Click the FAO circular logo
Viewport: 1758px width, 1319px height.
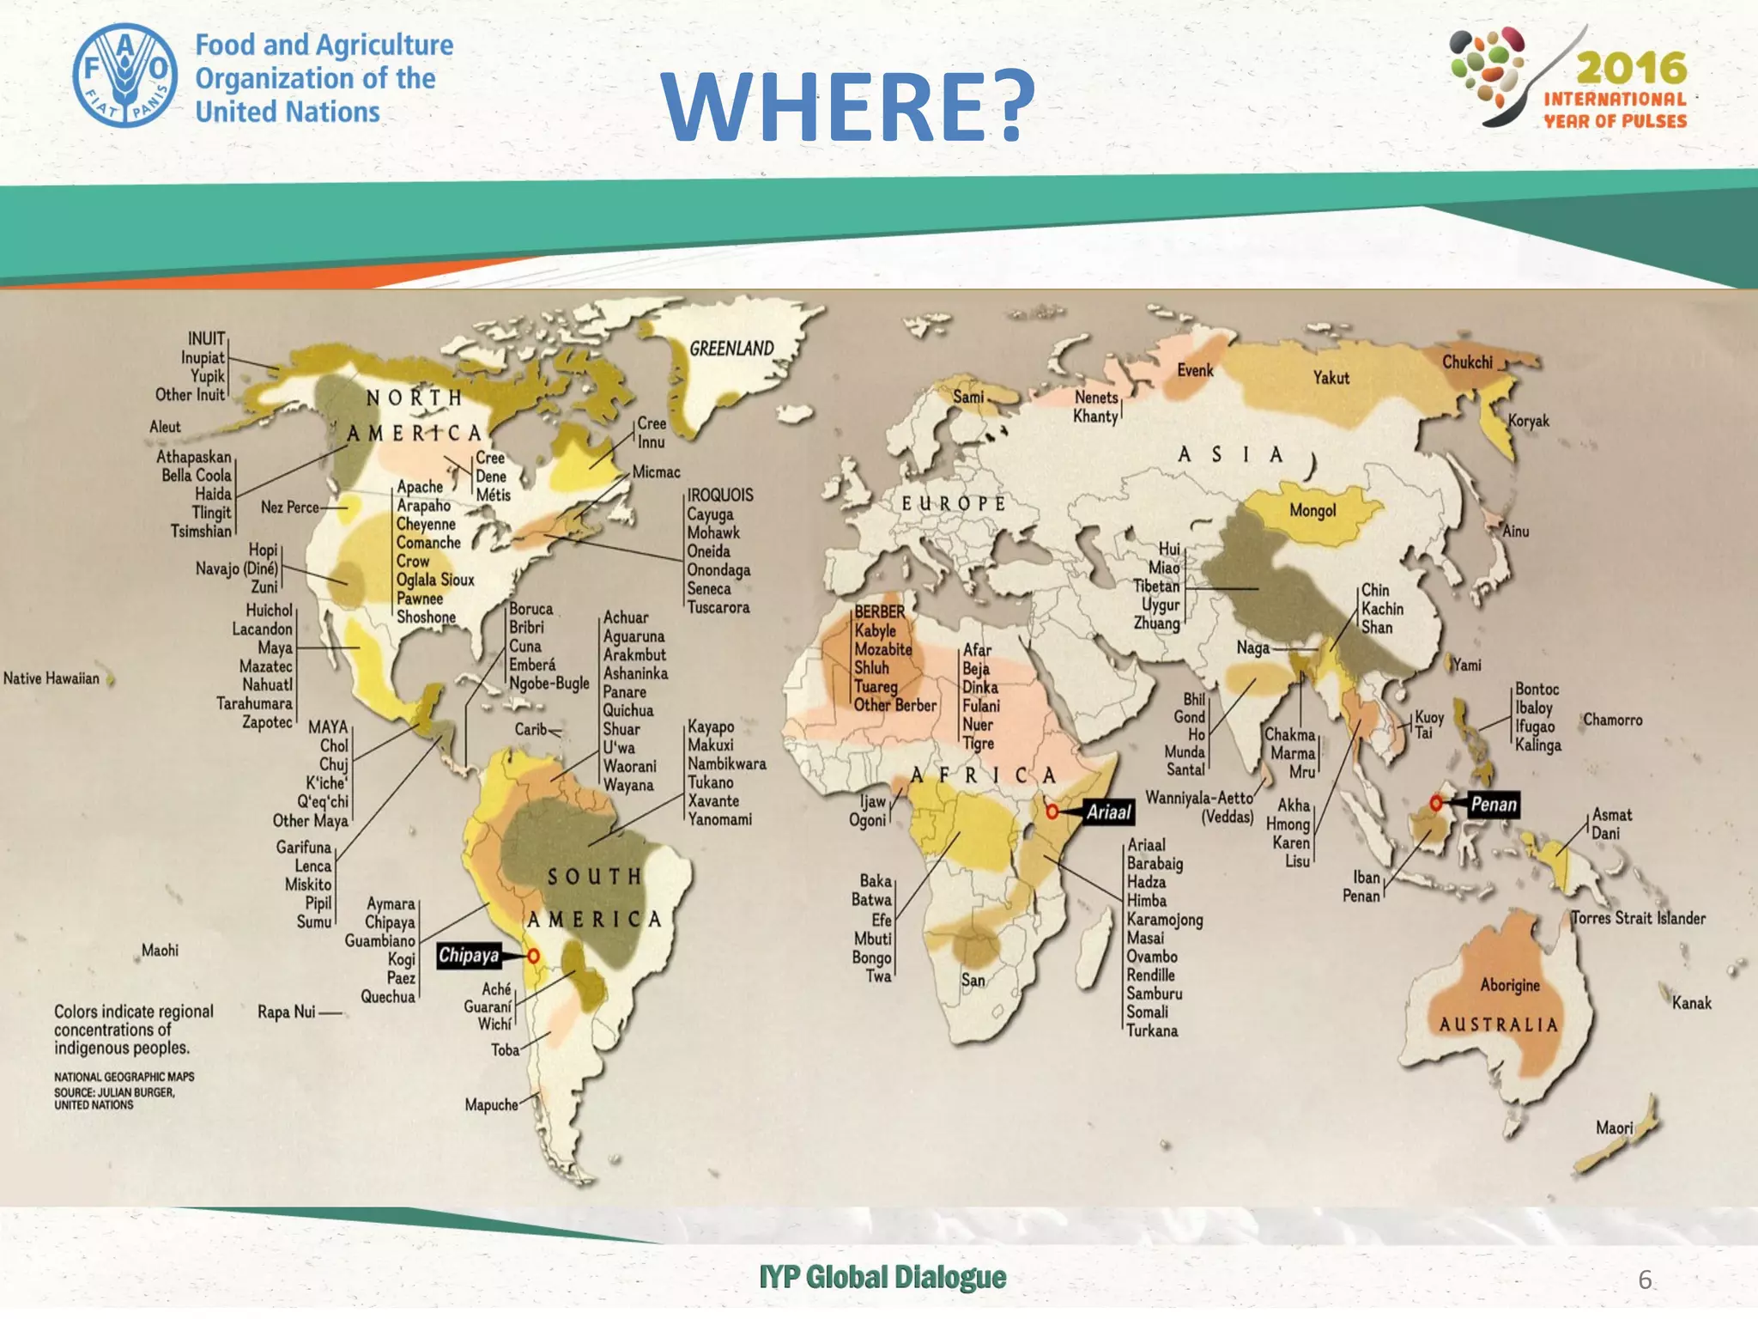(x=125, y=76)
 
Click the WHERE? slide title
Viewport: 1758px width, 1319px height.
(x=848, y=106)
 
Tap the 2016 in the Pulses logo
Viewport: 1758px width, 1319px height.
(x=1631, y=68)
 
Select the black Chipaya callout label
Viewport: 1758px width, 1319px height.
(x=469, y=956)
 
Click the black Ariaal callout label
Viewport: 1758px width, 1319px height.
(x=1109, y=811)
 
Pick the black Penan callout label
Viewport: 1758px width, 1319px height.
(x=1494, y=804)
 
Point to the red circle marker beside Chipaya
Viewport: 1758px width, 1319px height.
(x=533, y=956)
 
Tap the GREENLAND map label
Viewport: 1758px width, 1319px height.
(x=731, y=349)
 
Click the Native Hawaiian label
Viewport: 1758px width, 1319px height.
(x=52, y=678)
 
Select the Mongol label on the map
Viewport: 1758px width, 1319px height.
(x=1312, y=511)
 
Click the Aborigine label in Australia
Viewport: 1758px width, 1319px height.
(x=1510, y=985)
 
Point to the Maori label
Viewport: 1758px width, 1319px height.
(x=1614, y=1128)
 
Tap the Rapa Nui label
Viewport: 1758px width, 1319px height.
(x=287, y=1012)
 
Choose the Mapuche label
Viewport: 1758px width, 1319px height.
(x=491, y=1104)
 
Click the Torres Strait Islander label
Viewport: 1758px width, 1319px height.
(x=1639, y=918)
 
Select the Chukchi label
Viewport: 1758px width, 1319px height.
(x=1467, y=362)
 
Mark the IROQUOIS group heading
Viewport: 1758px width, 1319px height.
(x=720, y=495)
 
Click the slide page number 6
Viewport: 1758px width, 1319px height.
(x=1644, y=1279)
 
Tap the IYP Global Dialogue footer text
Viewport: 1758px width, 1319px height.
(x=882, y=1278)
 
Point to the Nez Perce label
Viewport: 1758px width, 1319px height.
(x=289, y=508)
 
